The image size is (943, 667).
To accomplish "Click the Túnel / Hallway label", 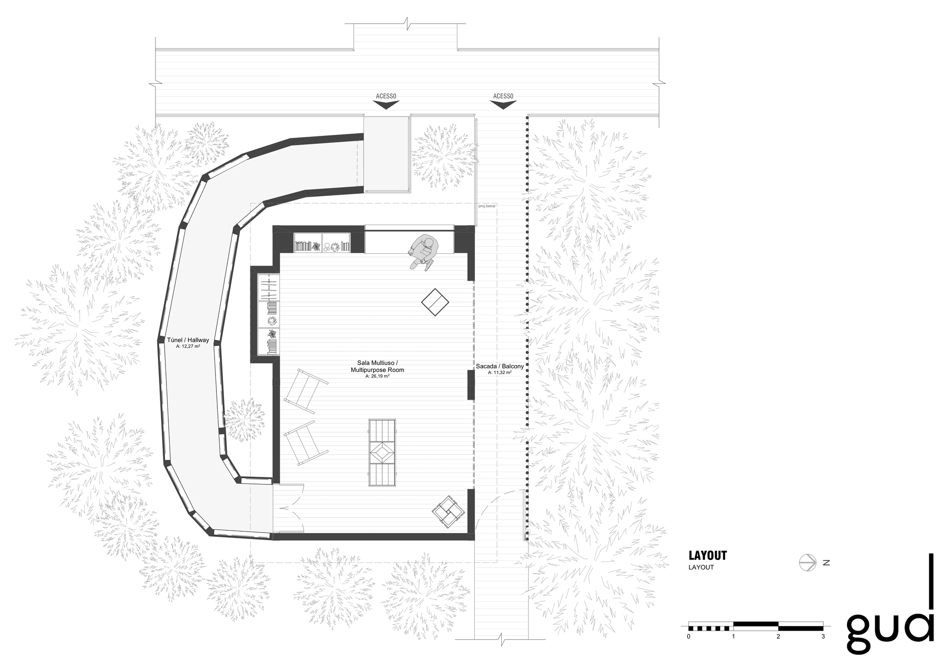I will coord(188,340).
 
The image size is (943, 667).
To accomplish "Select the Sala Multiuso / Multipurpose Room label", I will coord(377,366).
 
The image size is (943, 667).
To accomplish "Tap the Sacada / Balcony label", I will coord(500,366).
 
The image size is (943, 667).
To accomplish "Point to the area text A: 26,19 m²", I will coord(377,376).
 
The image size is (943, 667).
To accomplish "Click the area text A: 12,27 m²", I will coord(188,346).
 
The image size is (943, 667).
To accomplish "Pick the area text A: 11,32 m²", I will coord(500,372).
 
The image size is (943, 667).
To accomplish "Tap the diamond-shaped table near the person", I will coord(435,302).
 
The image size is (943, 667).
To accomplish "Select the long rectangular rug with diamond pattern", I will coord(382,452).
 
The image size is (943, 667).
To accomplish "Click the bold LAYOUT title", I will coord(708,555).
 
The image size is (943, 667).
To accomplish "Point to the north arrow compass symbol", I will coord(808,562).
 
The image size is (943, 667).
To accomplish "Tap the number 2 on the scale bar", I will coord(778,636).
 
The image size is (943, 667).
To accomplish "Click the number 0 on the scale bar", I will coord(688,636).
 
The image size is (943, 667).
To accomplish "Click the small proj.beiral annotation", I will coord(487,206).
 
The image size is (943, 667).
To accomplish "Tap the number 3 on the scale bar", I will coord(823,636).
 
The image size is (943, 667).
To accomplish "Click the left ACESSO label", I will coord(386,96).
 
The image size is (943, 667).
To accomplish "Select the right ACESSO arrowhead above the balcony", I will coord(503,106).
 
